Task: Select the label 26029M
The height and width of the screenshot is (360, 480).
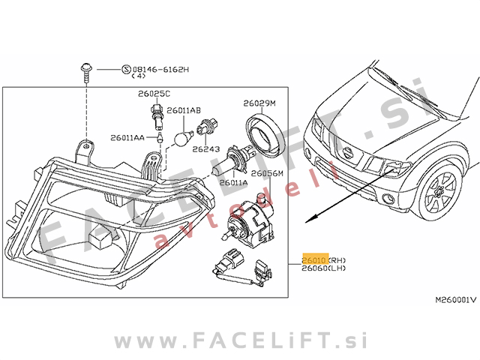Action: click(259, 103)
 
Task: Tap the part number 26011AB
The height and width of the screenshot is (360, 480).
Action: click(184, 110)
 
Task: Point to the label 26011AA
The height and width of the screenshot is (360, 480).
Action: click(127, 137)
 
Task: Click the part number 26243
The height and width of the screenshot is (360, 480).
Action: click(205, 149)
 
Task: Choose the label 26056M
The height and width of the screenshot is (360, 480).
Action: click(266, 173)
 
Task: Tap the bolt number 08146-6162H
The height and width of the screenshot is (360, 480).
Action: click(161, 69)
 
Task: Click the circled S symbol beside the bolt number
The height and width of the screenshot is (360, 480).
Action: click(125, 69)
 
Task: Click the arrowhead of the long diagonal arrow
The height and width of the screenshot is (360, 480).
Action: click(308, 217)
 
